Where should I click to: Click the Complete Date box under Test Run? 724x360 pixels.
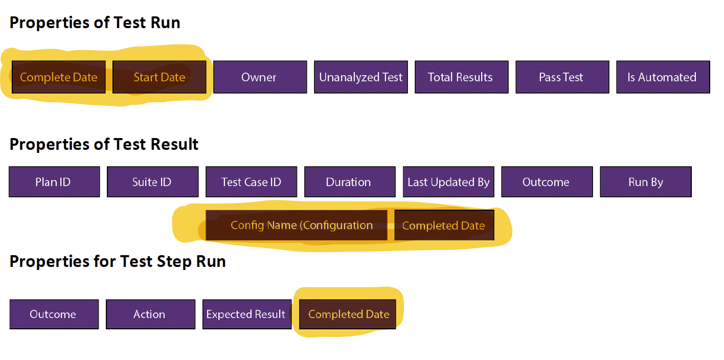tap(58, 77)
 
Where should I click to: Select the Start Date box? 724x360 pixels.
tap(159, 77)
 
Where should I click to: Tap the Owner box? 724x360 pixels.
tap(260, 77)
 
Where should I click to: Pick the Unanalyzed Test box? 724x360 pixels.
tap(360, 77)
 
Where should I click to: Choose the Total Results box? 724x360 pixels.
tap(461, 77)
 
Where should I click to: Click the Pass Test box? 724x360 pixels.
tap(562, 77)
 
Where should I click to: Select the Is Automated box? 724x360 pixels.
tap(663, 77)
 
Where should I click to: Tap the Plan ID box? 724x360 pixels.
tap(54, 182)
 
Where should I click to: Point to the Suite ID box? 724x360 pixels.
tap(152, 182)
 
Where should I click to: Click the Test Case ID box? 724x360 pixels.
tap(251, 182)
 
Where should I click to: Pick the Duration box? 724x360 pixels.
tap(350, 182)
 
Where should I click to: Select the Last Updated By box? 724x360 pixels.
tap(448, 182)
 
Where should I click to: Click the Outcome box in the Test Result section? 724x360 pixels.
tap(547, 182)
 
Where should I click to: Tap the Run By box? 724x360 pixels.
tap(645, 182)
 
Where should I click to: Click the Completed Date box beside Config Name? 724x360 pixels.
tap(444, 226)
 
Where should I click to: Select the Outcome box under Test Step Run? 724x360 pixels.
tap(54, 314)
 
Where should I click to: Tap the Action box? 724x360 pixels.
tap(150, 314)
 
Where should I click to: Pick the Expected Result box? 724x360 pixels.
tap(246, 314)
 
